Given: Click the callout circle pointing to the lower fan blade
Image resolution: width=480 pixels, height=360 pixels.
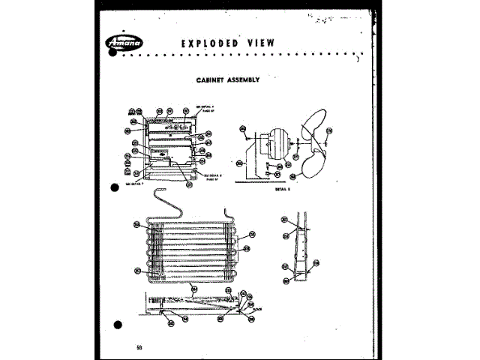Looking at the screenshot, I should click(x=292, y=178).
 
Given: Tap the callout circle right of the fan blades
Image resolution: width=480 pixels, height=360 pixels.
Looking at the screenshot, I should click(x=328, y=134).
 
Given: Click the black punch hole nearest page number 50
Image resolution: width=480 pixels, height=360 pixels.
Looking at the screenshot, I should click(x=116, y=325).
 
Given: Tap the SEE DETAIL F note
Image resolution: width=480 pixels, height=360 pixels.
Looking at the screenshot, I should click(x=133, y=182).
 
